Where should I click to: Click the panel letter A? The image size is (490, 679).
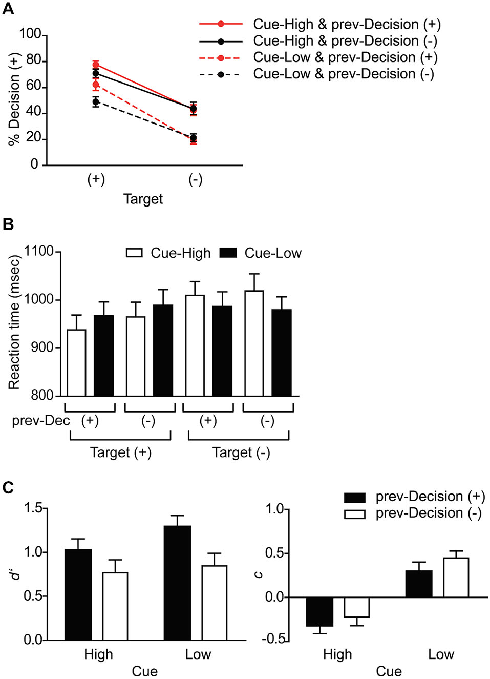(x=8, y=9)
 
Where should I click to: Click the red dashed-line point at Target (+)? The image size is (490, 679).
(x=96, y=85)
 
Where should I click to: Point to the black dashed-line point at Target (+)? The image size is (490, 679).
(x=96, y=102)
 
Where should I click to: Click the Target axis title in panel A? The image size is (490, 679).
(x=143, y=199)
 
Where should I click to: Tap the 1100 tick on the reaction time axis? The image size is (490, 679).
(x=39, y=252)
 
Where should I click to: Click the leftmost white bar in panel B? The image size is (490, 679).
(x=76, y=363)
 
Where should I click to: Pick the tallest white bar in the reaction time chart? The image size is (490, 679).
(x=254, y=343)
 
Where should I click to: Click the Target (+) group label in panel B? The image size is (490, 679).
(x=120, y=452)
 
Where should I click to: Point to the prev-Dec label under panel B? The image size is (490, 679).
(x=40, y=421)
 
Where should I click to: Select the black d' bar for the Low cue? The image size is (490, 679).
(x=177, y=583)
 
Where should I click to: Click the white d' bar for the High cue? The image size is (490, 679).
(x=115, y=606)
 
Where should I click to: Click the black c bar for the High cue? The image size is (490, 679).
(x=319, y=611)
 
